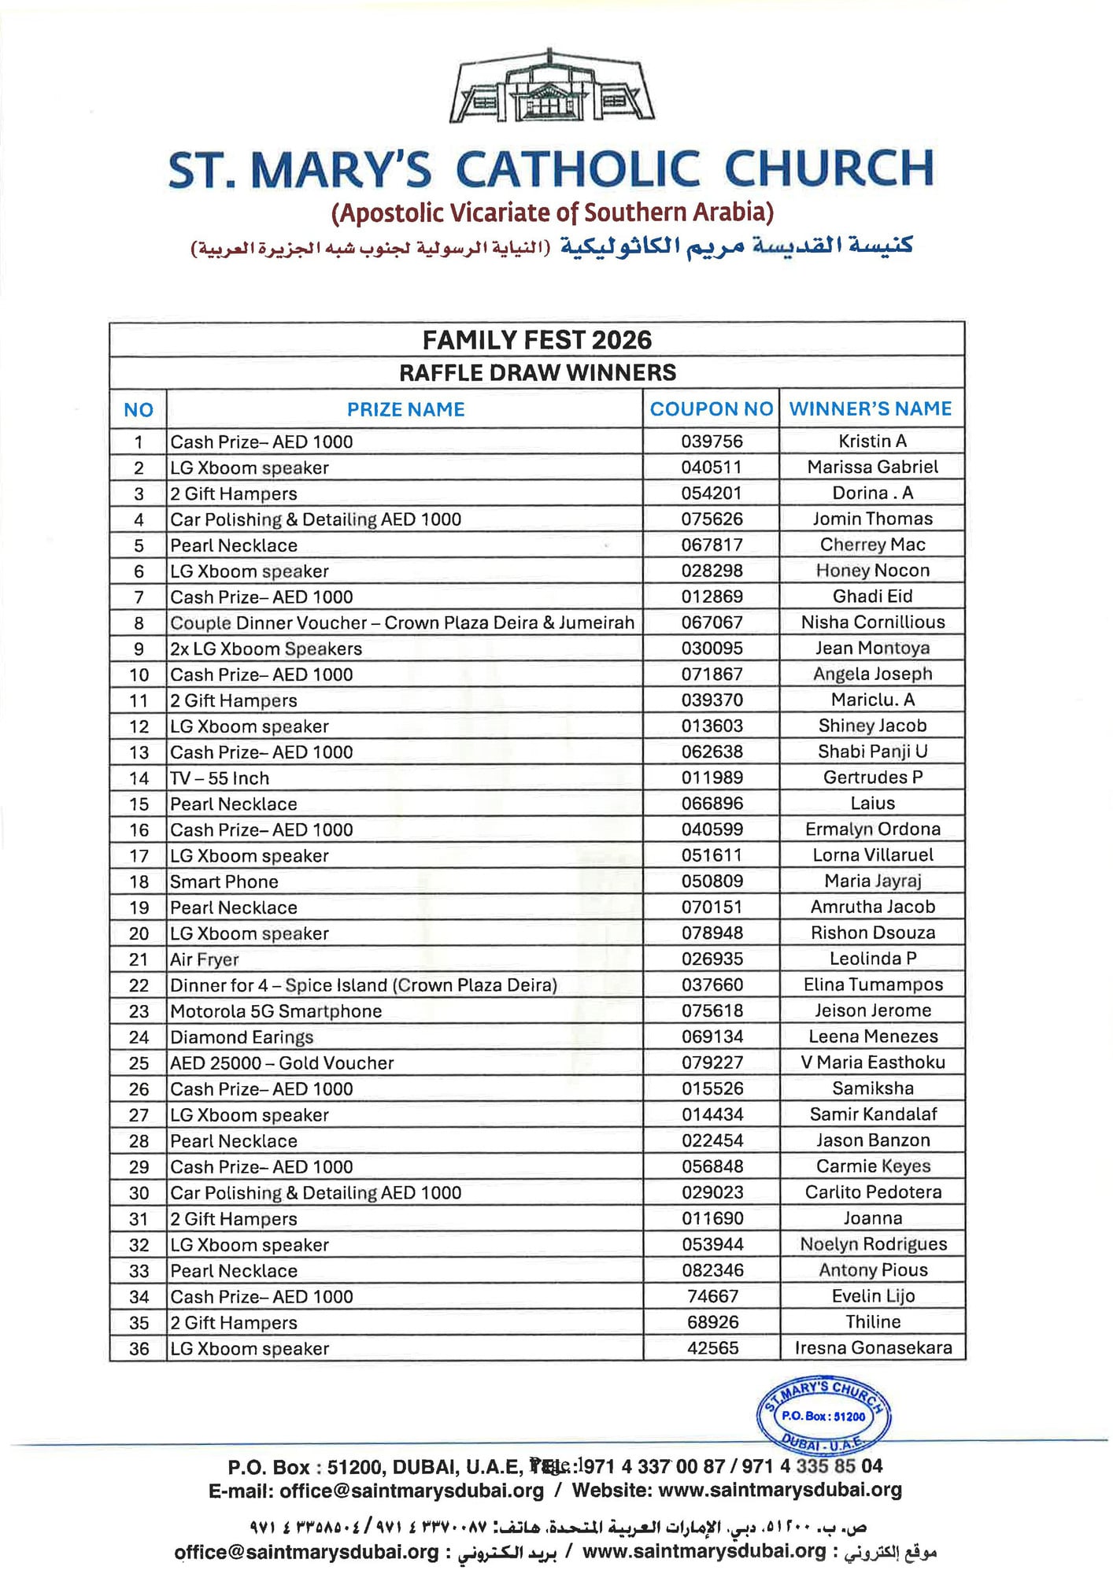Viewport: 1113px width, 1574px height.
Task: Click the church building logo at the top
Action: pyautogui.click(x=551, y=88)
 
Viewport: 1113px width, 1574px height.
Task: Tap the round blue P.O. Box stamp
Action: pyautogui.click(x=823, y=1416)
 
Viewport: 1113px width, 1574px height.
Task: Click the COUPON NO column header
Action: pyautogui.click(x=711, y=409)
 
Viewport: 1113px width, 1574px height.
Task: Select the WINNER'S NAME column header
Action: pyautogui.click(x=871, y=408)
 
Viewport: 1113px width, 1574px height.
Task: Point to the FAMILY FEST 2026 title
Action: pyautogui.click(x=537, y=340)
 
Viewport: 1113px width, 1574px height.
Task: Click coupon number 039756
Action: pyautogui.click(x=712, y=442)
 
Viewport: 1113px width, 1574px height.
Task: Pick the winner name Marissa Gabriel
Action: pyautogui.click(x=872, y=467)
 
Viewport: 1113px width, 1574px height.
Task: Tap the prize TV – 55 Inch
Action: pyautogui.click(x=220, y=778)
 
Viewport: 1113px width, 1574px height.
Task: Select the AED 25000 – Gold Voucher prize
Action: pyautogui.click(x=282, y=1063)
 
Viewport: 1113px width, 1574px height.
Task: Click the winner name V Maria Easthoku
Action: pyautogui.click(x=872, y=1062)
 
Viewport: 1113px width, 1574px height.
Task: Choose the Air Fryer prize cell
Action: pyautogui.click(x=205, y=959)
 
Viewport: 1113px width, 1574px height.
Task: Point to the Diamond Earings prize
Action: pyautogui.click(x=242, y=1037)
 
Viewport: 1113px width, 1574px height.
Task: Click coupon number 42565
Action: pyautogui.click(x=712, y=1348)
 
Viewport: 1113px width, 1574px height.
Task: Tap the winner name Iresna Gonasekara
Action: pyautogui.click(x=873, y=1348)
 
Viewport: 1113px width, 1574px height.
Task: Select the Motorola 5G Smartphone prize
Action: pyautogui.click(x=276, y=1011)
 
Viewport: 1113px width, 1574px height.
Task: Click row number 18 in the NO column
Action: pyautogui.click(x=139, y=882)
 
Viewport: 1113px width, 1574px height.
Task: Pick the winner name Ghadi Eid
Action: pyautogui.click(x=872, y=597)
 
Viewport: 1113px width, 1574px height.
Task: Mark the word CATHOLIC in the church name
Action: pyautogui.click(x=578, y=169)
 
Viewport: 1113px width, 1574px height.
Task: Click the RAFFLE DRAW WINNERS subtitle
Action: pyautogui.click(x=537, y=373)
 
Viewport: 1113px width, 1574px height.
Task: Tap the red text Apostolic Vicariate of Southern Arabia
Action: pyautogui.click(x=553, y=212)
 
